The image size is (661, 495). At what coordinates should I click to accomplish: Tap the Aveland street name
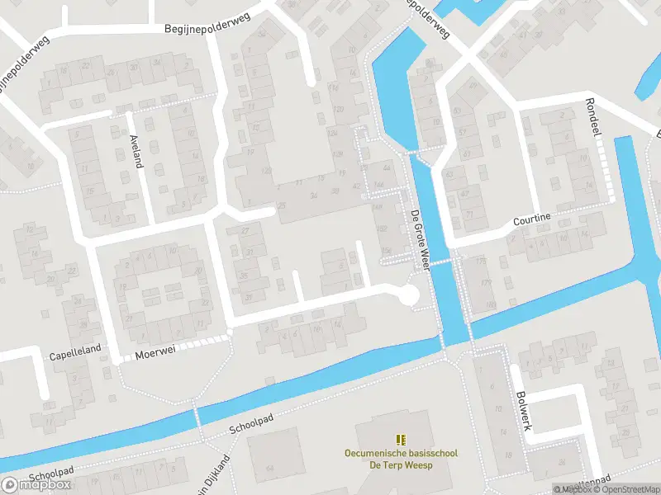point(135,151)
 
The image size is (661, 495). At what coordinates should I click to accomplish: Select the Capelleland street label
point(74,349)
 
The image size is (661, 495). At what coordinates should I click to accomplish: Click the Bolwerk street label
point(521,410)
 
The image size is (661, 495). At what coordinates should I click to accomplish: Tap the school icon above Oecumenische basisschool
point(401,440)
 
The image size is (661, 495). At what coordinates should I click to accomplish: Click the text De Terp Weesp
point(401,465)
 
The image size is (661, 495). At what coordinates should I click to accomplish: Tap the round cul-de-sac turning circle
point(407,295)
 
